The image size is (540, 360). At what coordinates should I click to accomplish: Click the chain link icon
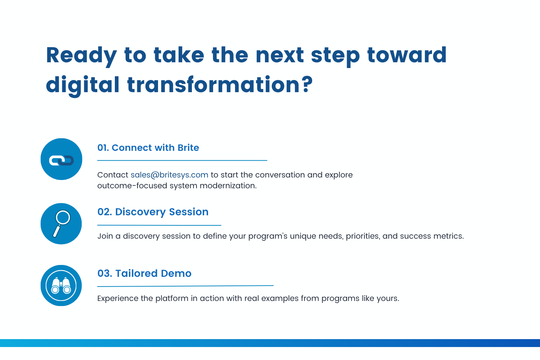61,160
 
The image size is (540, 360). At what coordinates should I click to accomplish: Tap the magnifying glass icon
62,223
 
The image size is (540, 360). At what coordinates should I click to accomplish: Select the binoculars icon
61,285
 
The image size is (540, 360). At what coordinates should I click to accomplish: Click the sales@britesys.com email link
169,175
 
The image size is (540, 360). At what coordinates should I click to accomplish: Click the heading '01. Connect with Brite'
148,148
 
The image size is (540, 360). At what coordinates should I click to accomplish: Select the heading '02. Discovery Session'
153,212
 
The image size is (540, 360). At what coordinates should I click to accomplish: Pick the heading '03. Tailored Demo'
144,273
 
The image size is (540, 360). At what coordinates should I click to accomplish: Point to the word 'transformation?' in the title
220,84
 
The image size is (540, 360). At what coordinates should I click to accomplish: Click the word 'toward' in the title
407,55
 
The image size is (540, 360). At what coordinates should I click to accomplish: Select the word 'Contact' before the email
113,175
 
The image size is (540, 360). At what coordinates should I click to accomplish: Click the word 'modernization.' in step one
228,186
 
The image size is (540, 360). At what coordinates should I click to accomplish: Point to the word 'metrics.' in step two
449,236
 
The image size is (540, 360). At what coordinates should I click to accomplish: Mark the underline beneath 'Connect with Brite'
182,160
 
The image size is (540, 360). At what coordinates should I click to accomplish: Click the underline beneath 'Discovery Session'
159,225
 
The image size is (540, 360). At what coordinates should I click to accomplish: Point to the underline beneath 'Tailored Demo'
185,286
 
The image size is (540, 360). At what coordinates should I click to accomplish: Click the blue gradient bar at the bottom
270,343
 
